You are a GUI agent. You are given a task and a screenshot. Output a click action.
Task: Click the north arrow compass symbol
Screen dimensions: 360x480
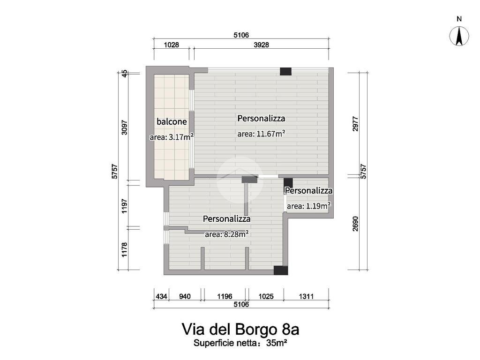459,36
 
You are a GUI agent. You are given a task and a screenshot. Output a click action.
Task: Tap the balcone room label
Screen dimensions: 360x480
172,122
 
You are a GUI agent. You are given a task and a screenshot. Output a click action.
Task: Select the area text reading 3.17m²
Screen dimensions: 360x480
172,137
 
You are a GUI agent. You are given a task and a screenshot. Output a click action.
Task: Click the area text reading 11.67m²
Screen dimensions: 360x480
261,134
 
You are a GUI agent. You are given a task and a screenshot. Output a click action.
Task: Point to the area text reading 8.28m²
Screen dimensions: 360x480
226,234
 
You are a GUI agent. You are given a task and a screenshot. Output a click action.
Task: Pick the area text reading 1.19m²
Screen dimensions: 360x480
308,205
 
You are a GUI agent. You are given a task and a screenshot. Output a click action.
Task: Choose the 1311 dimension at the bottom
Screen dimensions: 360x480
305,296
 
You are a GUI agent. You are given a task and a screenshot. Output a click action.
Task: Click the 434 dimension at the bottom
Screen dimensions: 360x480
161,296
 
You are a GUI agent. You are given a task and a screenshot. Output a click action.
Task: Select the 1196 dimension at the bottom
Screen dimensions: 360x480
224,296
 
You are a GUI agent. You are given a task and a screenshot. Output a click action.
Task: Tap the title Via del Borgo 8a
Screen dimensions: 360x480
240,329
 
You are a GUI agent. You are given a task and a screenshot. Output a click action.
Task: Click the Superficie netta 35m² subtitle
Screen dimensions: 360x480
240,343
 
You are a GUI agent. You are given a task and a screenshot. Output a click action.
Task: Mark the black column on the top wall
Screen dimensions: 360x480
285,71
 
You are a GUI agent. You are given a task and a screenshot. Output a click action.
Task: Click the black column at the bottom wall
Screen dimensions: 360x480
280,270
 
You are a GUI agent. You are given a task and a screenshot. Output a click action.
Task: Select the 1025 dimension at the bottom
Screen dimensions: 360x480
265,296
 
